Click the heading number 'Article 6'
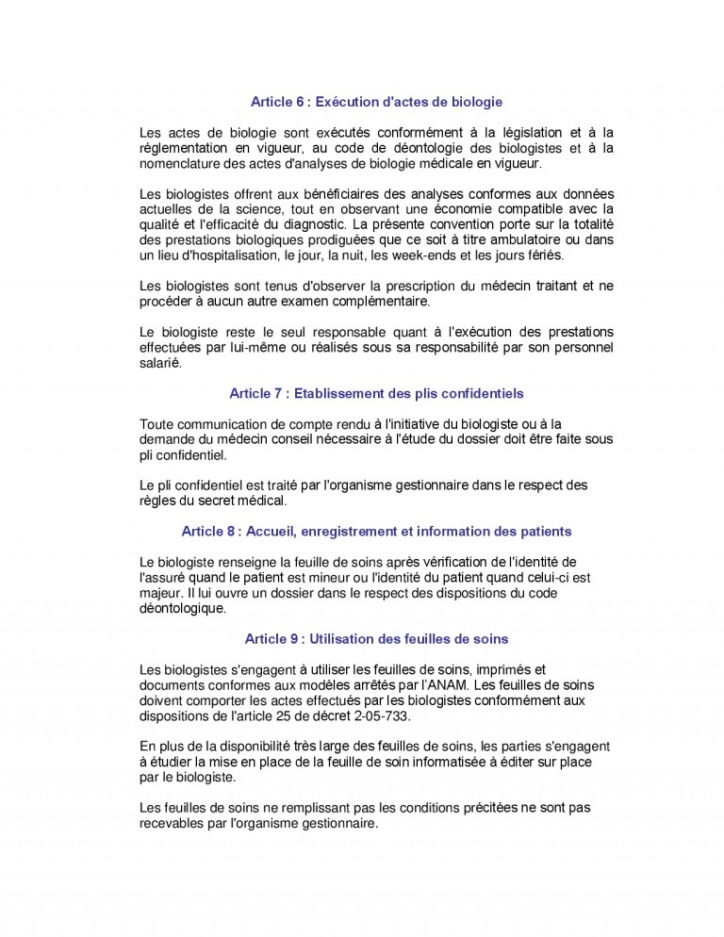pyautogui.click(x=277, y=101)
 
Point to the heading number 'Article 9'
pyautogui.click(x=271, y=639)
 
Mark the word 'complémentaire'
pyautogui.click(x=382, y=301)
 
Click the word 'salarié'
pyautogui.click(x=159, y=362)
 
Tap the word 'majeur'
pyautogui.click(x=161, y=593)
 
